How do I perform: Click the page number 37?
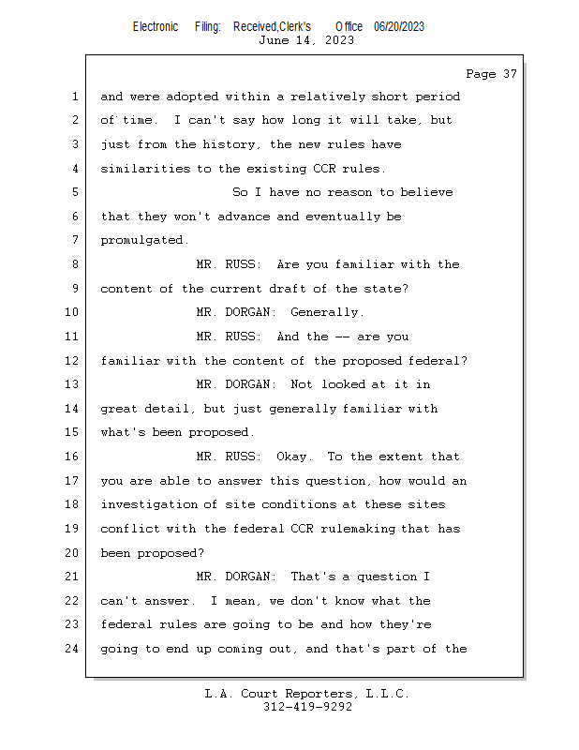coord(510,74)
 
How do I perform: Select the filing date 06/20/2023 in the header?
coord(399,26)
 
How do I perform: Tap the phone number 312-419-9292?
coord(307,707)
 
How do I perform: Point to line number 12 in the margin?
coord(71,360)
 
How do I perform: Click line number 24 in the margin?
coord(71,649)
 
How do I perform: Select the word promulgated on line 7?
coord(144,240)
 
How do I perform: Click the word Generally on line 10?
coord(327,312)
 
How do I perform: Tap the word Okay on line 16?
coord(294,457)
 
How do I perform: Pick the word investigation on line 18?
coord(148,504)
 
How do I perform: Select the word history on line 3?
coord(232,144)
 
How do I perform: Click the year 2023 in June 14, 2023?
coord(339,40)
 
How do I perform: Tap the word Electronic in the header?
coord(156,26)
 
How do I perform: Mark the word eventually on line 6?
coord(343,217)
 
